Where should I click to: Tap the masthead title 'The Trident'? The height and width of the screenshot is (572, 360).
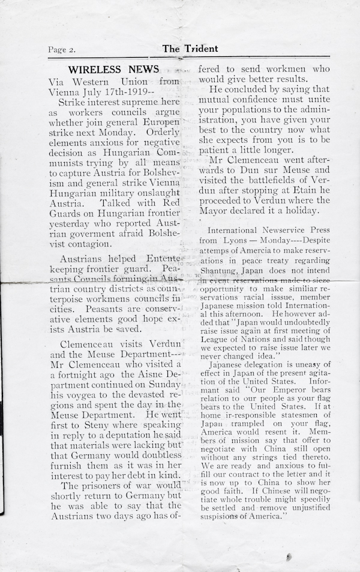(x=190, y=49)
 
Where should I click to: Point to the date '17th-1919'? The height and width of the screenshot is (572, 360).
(x=131, y=92)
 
